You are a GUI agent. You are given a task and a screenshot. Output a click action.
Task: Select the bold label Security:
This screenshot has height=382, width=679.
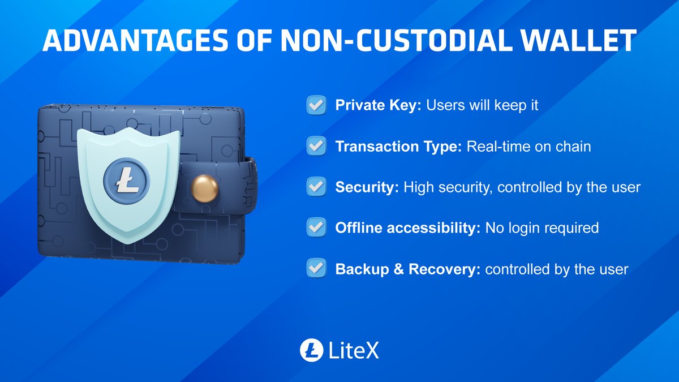click(x=367, y=187)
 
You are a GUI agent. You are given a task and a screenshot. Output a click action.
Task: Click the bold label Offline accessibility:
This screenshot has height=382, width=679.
click(x=408, y=228)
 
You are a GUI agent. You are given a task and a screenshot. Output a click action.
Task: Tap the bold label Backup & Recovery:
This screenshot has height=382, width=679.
click(x=408, y=269)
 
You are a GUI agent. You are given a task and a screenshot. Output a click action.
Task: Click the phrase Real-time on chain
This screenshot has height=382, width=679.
click(x=529, y=147)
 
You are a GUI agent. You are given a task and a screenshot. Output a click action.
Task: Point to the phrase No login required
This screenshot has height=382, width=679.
click(x=542, y=228)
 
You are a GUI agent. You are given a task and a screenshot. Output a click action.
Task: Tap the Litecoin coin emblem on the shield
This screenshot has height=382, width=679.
click(x=125, y=182)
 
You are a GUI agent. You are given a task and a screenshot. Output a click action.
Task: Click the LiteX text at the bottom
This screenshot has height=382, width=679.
click(x=354, y=350)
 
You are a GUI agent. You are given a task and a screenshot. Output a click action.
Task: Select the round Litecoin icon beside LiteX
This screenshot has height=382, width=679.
click(x=311, y=350)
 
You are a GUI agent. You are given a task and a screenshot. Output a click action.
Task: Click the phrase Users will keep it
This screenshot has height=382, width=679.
click(x=482, y=106)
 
